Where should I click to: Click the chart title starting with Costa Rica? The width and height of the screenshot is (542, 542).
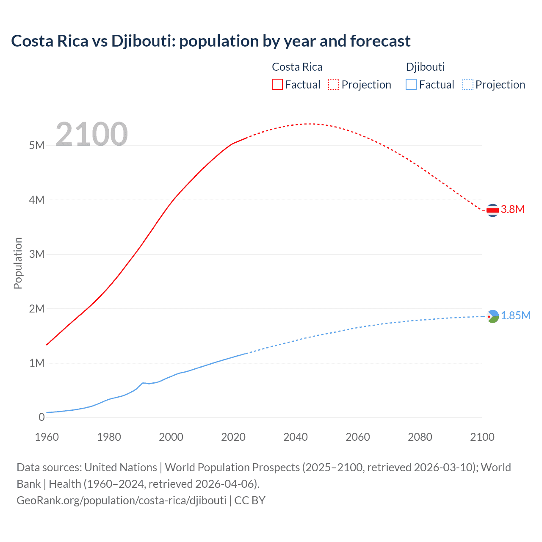[210, 41]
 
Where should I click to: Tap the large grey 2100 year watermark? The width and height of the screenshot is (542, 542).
[91, 134]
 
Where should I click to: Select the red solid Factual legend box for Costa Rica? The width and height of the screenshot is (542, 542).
[277, 84]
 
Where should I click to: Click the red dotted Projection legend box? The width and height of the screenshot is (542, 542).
[334, 84]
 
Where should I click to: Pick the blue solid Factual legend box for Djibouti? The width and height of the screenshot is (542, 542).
[411, 84]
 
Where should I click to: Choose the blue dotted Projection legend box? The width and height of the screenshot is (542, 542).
[467, 84]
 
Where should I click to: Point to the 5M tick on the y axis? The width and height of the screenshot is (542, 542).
[37, 146]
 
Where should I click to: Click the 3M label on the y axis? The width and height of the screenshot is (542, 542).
[37, 254]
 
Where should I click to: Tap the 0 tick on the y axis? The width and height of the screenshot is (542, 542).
[41, 417]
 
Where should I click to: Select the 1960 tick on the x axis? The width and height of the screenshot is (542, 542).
[47, 437]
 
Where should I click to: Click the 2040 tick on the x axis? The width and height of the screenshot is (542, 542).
[296, 437]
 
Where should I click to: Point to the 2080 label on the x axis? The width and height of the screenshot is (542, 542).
[420, 437]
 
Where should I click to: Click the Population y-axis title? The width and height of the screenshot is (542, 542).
[18, 263]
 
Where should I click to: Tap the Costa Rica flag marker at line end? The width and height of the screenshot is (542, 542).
[492, 210]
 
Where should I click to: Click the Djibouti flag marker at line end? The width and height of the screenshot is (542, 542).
[492, 316]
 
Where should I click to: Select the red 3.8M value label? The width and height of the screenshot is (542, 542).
[513, 209]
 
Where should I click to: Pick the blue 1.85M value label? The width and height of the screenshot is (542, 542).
[516, 315]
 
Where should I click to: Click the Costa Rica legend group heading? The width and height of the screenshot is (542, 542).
[297, 67]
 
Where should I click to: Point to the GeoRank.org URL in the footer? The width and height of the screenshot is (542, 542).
[122, 500]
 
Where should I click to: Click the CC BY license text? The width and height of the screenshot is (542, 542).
[250, 500]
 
